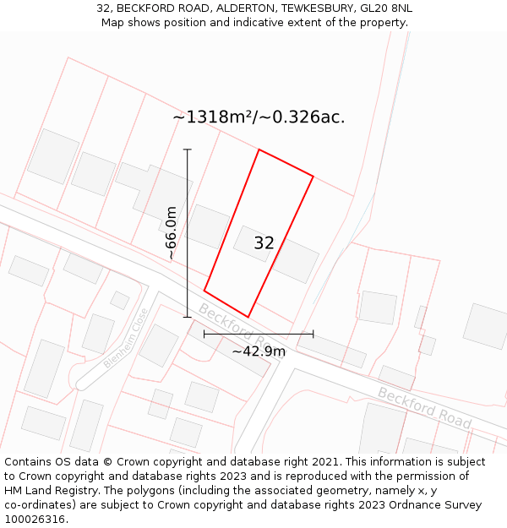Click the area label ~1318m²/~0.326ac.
(x=259, y=117)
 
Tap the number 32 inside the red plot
(x=264, y=243)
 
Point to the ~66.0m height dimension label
(x=172, y=233)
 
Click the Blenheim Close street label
(x=126, y=338)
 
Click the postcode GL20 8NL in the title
(x=386, y=8)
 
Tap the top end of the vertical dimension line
(x=188, y=150)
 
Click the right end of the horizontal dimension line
(x=313, y=334)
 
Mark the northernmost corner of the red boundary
(x=259, y=150)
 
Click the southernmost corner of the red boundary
(x=248, y=318)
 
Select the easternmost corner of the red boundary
(x=313, y=177)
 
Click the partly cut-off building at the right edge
(x=486, y=326)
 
